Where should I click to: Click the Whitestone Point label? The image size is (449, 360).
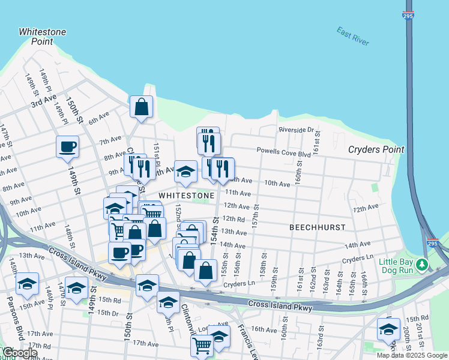click(42, 36)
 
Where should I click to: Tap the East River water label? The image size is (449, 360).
click(353, 36)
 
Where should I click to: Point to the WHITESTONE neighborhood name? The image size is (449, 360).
click(187, 196)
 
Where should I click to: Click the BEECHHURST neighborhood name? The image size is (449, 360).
click(317, 227)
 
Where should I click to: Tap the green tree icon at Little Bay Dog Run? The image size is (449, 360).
click(423, 264)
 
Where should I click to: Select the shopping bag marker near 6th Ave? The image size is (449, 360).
click(142, 108)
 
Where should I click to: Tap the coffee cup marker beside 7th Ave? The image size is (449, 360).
click(67, 146)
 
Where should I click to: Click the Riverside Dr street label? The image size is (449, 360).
click(296, 130)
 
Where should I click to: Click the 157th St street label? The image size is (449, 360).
click(256, 214)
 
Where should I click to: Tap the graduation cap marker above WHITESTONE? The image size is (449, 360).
click(185, 172)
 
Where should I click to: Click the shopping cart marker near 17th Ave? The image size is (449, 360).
click(202, 346)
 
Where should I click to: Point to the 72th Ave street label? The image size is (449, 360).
click(366, 208)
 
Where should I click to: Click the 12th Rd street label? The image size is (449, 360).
click(234, 219)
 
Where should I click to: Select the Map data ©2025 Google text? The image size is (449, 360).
click(412, 355)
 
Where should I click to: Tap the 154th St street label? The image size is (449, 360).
click(215, 231)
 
